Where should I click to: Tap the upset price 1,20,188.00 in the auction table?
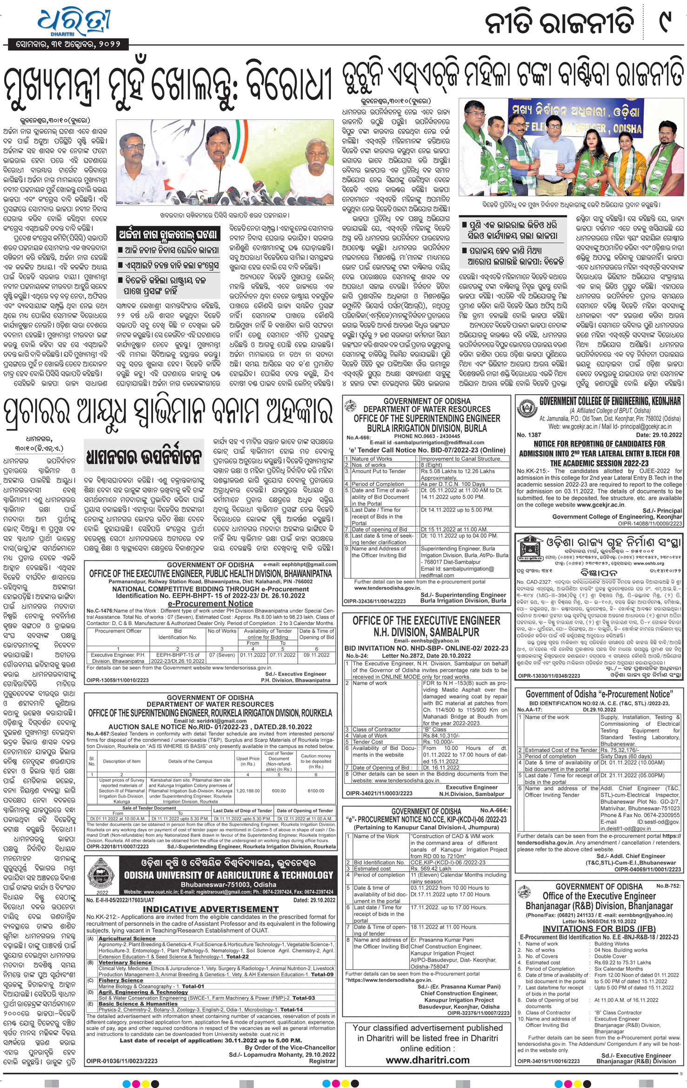point(247,790)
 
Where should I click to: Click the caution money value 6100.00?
point(316,790)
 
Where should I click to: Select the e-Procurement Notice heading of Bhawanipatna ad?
point(210,603)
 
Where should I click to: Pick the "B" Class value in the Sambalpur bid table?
point(434,729)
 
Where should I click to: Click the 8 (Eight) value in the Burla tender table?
point(432,465)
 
